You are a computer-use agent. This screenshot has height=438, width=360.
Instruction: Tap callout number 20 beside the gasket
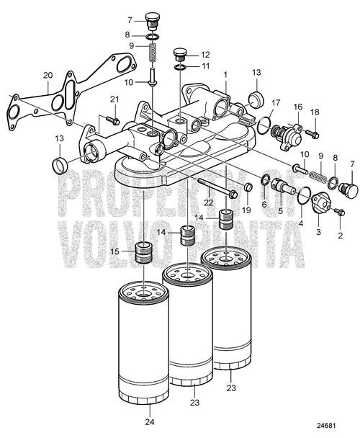(48, 74)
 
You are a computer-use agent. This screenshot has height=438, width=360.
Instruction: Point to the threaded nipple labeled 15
(147, 254)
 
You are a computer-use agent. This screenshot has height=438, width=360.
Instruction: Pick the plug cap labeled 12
(181, 55)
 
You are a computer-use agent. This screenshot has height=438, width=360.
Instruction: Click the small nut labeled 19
(248, 188)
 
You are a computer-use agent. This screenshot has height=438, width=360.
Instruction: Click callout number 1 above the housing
(225, 74)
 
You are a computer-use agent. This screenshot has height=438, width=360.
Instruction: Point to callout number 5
(279, 211)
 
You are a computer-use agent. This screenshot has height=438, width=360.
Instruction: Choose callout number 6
(264, 205)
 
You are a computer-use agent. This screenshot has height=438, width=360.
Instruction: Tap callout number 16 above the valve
(296, 106)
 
